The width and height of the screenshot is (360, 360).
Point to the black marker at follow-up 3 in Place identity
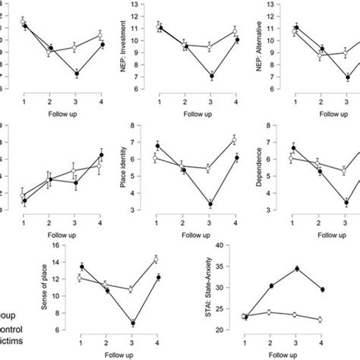[x=209, y=204]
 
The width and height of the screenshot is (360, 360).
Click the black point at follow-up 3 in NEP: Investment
[x=210, y=76]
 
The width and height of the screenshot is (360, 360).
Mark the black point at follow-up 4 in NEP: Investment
[x=235, y=39]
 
